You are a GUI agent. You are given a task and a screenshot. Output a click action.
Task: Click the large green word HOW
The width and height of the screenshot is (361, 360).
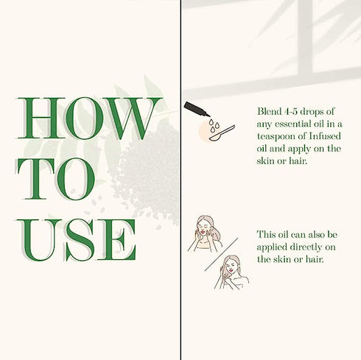90,118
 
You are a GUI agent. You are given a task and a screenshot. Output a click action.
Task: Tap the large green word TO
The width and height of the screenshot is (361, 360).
56,178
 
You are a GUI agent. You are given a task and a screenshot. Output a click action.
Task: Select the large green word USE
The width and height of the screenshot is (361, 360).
76,240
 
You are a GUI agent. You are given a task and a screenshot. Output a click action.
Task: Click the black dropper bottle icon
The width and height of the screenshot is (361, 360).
197,109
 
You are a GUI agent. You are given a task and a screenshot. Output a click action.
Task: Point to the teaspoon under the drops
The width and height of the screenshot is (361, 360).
222,133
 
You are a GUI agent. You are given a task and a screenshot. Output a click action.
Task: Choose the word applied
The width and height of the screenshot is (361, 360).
272,247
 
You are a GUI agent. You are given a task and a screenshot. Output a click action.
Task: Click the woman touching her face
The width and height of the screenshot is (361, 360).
205,233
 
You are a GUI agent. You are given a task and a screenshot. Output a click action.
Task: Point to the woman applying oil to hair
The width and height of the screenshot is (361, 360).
232,272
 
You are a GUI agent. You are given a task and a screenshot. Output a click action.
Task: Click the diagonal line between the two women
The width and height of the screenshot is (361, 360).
221,254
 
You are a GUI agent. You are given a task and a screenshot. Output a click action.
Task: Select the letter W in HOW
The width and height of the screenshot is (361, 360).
132,119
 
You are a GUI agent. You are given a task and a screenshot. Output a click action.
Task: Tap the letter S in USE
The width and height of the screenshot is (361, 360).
80,240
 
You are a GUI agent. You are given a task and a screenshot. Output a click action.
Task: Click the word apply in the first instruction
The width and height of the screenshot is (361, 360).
299,149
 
